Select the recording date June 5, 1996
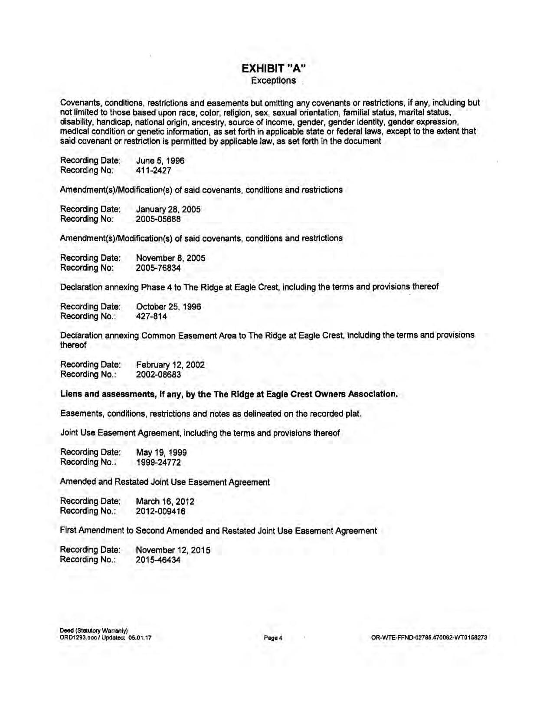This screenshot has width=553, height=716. pyautogui.click(x=160, y=161)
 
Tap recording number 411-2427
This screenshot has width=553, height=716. pyautogui.click(x=154, y=171)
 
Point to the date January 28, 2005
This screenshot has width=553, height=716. pyautogui.click(x=168, y=209)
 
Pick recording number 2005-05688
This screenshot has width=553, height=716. pyautogui.click(x=158, y=219)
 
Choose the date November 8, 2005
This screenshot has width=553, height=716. pyautogui.click(x=170, y=258)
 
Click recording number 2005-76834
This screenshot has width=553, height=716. pyautogui.click(x=158, y=268)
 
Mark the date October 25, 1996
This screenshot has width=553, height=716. pyautogui.click(x=168, y=306)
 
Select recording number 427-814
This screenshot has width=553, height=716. pyautogui.click(x=151, y=316)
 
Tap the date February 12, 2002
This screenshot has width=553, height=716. pyautogui.click(x=170, y=365)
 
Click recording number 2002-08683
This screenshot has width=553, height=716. pyautogui.click(x=158, y=374)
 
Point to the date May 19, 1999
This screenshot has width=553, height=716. pyautogui.click(x=161, y=452)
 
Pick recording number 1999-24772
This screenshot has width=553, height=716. pyautogui.click(x=158, y=462)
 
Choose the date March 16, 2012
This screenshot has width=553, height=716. pyautogui.click(x=165, y=501)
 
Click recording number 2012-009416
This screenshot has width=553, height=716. pyautogui.click(x=160, y=511)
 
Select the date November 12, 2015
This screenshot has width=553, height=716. pyautogui.click(x=173, y=550)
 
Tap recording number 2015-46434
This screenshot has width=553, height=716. pyautogui.click(x=158, y=560)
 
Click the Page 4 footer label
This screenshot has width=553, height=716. pyautogui.click(x=273, y=638)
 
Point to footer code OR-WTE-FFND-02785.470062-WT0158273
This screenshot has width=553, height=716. pyautogui.click(x=429, y=638)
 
